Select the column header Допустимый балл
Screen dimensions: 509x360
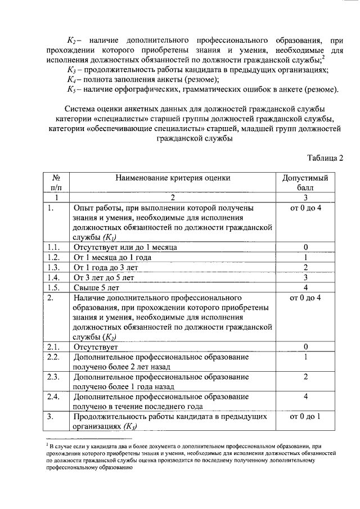click(x=305, y=182)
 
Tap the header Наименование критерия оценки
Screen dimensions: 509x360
click(x=173, y=178)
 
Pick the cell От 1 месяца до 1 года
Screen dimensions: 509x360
click(x=120, y=257)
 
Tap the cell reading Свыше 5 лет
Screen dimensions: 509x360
click(x=97, y=287)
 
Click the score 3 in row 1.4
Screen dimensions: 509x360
click(x=305, y=277)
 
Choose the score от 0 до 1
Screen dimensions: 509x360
click(x=305, y=417)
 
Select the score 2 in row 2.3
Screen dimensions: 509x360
click(x=305, y=376)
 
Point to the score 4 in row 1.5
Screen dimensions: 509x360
click(x=305, y=287)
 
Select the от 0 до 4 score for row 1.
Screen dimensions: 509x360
click(x=305, y=208)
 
